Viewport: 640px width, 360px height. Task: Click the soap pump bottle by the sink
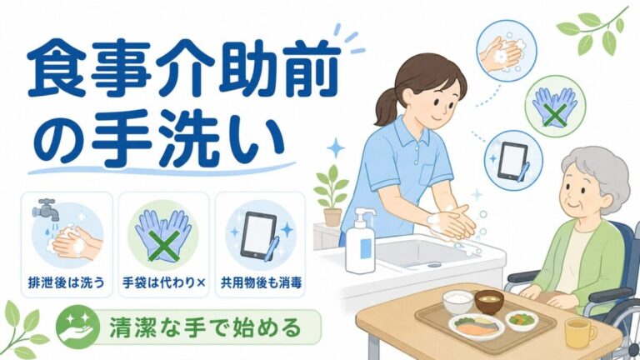pyautogui.click(x=361, y=245)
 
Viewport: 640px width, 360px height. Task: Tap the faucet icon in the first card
pyautogui.click(x=45, y=209)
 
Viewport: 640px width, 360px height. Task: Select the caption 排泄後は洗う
pyautogui.click(x=67, y=282)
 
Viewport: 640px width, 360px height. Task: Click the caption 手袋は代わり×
pyautogui.click(x=163, y=282)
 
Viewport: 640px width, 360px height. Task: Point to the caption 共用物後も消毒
pyautogui.click(x=261, y=282)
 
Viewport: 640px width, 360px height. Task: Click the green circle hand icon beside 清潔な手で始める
pyautogui.click(x=78, y=327)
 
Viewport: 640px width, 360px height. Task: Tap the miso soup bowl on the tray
pyautogui.click(x=489, y=301)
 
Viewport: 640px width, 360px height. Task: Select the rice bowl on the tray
pyautogui.click(x=458, y=302)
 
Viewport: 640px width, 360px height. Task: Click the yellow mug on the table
pyautogui.click(x=580, y=332)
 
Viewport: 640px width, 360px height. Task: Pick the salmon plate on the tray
pyautogui.click(x=477, y=327)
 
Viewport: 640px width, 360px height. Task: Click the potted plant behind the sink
pyautogui.click(x=332, y=196)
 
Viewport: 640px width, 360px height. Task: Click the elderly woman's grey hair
pyautogui.click(x=599, y=171)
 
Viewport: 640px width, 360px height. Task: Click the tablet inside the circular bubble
pyautogui.click(x=512, y=161)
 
